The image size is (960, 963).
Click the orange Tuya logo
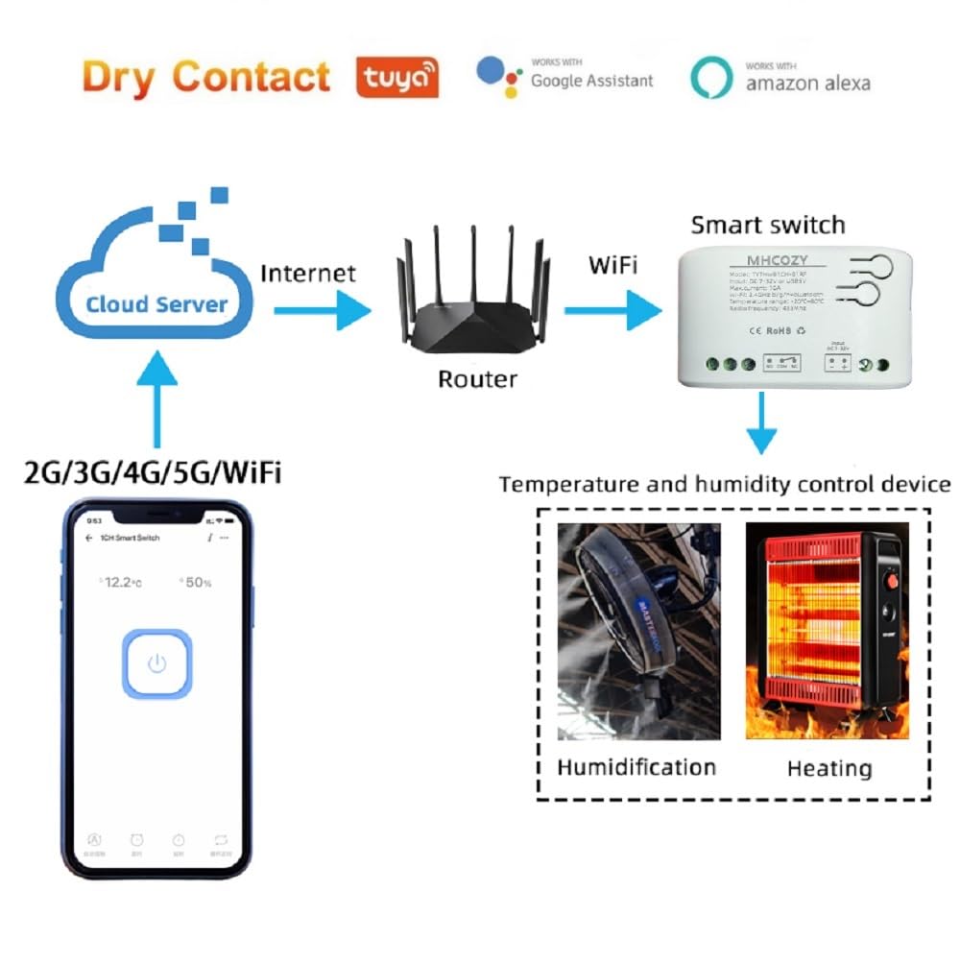coord(397,77)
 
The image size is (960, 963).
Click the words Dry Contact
coord(205,77)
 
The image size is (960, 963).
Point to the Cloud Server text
coord(156,305)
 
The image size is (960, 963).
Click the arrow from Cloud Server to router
coord(322,310)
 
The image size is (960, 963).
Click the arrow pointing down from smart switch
coord(761,422)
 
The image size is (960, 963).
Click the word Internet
coord(308,273)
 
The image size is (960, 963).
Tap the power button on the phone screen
coord(157,662)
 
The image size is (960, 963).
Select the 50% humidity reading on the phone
coord(197,583)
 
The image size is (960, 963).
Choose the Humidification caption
coord(636,767)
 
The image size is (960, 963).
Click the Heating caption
coord(829,768)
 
